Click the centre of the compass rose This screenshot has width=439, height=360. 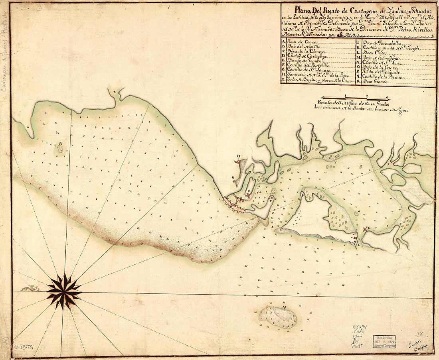[64, 291]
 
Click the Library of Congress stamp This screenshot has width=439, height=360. [385, 341]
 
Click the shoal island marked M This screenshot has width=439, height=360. [278, 317]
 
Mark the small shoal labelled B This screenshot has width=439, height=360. [60, 148]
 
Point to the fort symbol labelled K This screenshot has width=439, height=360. [366, 229]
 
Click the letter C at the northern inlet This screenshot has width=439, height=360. [114, 92]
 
